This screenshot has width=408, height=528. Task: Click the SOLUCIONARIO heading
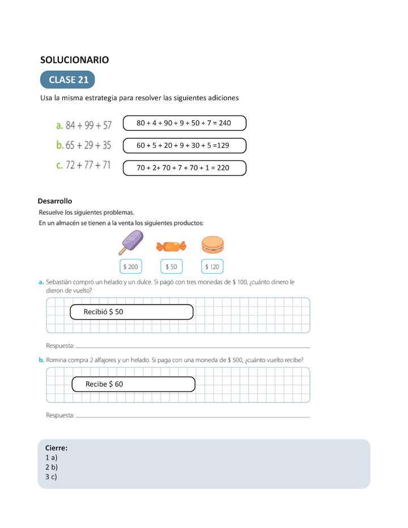point(74,59)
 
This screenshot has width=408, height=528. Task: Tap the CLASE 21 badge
point(68,80)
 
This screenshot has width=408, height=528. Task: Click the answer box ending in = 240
point(184,123)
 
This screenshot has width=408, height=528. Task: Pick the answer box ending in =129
point(184,146)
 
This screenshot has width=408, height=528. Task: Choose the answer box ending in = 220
point(184,168)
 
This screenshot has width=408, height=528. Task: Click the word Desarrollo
point(54,201)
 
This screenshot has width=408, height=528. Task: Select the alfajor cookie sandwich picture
point(212,245)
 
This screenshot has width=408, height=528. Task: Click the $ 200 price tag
point(131,266)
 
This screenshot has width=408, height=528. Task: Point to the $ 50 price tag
point(171,266)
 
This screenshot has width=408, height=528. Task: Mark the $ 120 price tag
point(212,266)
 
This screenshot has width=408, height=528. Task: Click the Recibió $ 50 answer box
point(131,312)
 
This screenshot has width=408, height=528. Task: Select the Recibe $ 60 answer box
point(133,384)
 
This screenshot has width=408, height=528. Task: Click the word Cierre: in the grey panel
point(56,448)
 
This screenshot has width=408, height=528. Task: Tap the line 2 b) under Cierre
point(52,467)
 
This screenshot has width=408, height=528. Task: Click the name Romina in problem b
point(67,359)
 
